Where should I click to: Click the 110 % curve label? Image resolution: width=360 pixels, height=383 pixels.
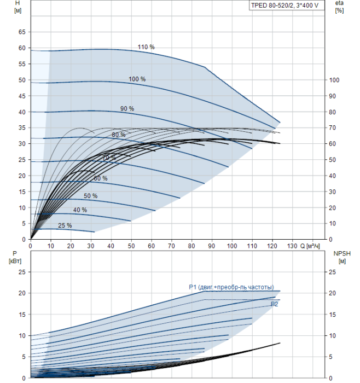click(146, 47)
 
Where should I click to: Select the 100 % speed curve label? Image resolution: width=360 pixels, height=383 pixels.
click(137, 79)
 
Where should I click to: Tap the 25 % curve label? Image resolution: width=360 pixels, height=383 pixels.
click(65, 225)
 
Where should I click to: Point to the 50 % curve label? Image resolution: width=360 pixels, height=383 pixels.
click(91, 196)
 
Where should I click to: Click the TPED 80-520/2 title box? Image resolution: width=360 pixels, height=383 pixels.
click(287, 5)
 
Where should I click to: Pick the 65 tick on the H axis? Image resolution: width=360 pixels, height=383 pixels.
click(22, 32)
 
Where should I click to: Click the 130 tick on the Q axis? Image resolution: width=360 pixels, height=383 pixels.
click(292, 246)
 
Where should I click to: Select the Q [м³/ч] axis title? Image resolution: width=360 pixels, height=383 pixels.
click(310, 246)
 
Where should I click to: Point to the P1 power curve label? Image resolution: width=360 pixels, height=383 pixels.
click(231, 287)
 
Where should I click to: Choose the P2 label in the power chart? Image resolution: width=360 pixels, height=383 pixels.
click(274, 304)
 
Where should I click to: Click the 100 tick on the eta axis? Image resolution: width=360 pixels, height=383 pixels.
click(334, 80)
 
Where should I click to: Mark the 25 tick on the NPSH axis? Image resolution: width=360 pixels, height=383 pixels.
click(333, 272)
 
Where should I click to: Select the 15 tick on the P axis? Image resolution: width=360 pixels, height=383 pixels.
click(22, 315)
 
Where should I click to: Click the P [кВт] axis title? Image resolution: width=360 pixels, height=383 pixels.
click(15, 257)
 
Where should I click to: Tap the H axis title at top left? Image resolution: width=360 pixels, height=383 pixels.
click(18, 7)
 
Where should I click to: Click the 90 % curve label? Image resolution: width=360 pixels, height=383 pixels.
click(127, 109)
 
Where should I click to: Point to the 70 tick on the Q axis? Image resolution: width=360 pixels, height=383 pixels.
click(171, 246)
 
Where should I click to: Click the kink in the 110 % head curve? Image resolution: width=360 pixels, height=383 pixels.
click(205, 67)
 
